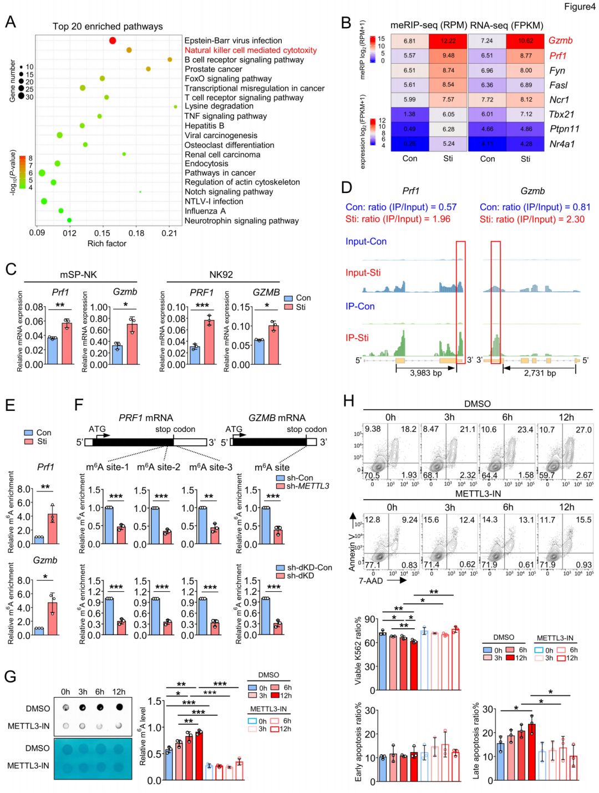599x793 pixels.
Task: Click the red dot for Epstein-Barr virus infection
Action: [x=113, y=40]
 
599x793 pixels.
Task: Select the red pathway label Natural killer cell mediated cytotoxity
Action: [x=251, y=50]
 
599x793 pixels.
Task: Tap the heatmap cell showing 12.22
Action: [x=448, y=41]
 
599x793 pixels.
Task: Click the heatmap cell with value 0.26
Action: [x=409, y=144]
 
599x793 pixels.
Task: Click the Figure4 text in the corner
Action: [x=579, y=7]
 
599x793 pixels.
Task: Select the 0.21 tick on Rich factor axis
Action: [x=169, y=233]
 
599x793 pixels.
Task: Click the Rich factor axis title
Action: [x=107, y=243]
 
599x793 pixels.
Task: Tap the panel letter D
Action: [x=347, y=187]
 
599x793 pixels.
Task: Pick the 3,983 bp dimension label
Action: [x=426, y=373]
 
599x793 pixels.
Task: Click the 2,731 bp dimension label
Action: [x=540, y=373]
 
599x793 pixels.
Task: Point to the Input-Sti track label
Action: [x=363, y=273]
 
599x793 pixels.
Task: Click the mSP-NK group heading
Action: [x=78, y=274]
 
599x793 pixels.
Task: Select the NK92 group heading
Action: [x=221, y=274]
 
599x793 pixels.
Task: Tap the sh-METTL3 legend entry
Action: [x=307, y=486]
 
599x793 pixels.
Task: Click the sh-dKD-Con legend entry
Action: [x=309, y=567]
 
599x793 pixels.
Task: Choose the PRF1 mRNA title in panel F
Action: [x=146, y=418]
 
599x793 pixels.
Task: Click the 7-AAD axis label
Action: [x=370, y=581]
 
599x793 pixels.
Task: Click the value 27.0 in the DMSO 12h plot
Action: [x=583, y=430]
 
